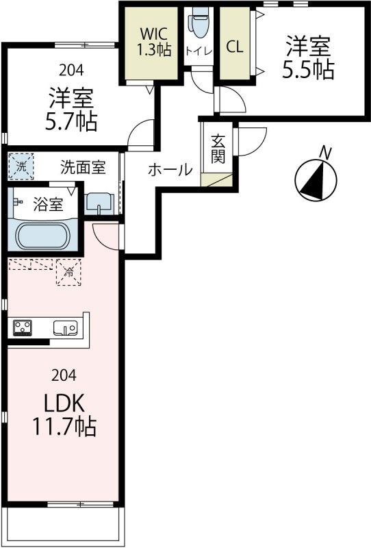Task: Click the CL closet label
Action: (x=234, y=47)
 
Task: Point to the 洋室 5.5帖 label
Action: (x=309, y=58)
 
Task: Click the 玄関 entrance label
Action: (x=218, y=149)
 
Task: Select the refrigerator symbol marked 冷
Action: (x=68, y=272)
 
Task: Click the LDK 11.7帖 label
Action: (x=64, y=415)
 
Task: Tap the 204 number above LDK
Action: (x=63, y=375)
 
